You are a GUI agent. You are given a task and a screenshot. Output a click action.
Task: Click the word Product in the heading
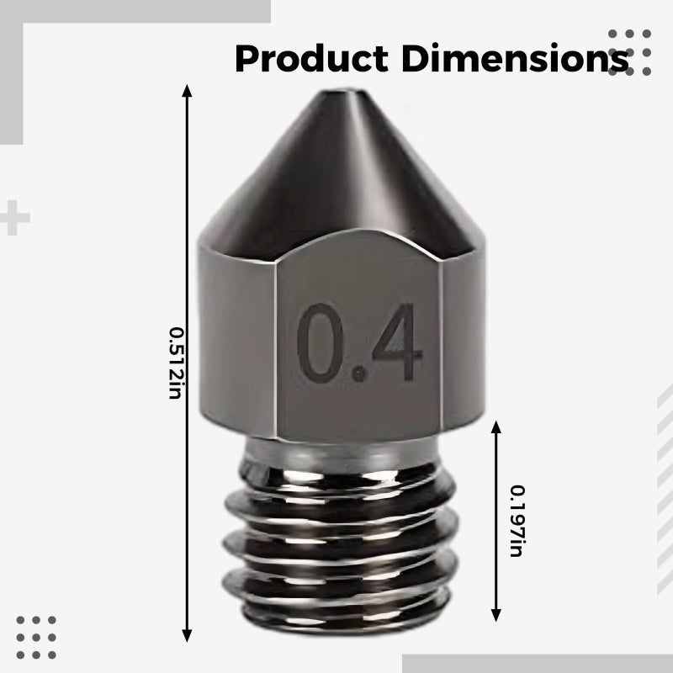[x=311, y=58]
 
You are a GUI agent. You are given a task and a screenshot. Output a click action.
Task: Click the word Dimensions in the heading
[x=515, y=58]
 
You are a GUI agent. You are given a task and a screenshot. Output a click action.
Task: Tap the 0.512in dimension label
[x=176, y=363]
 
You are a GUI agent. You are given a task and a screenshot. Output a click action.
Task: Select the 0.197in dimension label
[x=517, y=521]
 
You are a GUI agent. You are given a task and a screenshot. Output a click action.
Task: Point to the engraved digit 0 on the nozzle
[x=321, y=343]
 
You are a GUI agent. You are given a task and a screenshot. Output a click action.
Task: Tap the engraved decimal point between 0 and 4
[x=358, y=374]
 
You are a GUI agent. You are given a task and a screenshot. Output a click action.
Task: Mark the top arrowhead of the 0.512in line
[x=187, y=90]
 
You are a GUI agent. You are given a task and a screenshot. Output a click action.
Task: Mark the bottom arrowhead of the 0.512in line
[x=187, y=636]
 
